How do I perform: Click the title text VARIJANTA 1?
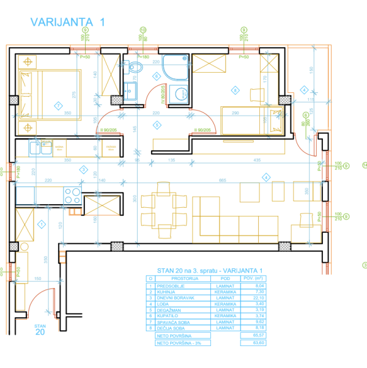click(x=68, y=22)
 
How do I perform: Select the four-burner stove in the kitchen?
click(x=72, y=195)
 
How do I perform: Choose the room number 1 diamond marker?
click(x=41, y=224)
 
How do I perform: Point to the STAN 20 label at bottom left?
click(x=40, y=331)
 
